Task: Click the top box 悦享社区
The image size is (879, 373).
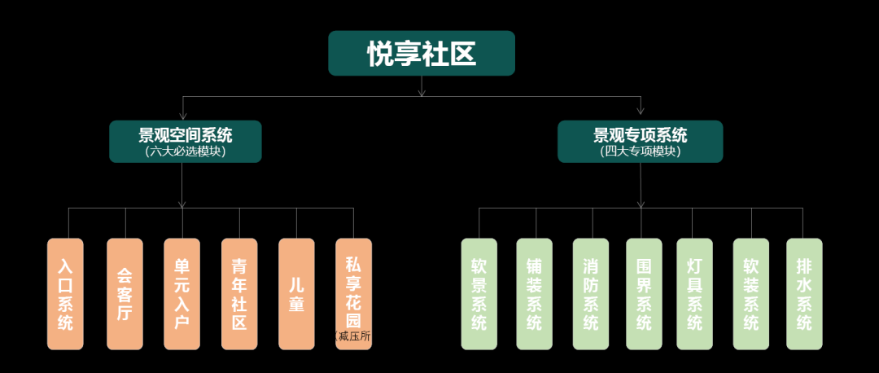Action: click(421, 54)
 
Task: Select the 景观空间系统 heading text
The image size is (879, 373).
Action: click(185, 135)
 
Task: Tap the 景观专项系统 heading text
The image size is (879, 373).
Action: click(640, 135)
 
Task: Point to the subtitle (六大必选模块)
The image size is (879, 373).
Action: click(185, 151)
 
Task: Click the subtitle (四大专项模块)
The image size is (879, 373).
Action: click(640, 151)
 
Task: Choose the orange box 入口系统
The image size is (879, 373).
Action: click(65, 294)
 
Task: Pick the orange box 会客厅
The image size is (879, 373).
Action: click(125, 294)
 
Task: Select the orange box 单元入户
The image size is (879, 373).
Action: click(181, 294)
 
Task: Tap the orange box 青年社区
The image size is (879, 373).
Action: click(239, 294)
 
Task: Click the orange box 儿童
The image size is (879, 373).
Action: click(296, 294)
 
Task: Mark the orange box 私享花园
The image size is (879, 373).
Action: click(353, 289)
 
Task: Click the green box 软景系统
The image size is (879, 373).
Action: click(479, 294)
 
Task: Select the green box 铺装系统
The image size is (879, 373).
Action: click(535, 294)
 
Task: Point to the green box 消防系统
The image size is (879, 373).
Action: click(591, 294)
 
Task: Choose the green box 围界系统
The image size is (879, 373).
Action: click(644, 294)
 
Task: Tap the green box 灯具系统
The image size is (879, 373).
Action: click(694, 294)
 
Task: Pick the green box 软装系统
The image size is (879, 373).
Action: click(750, 294)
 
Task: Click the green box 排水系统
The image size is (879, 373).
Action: click(804, 294)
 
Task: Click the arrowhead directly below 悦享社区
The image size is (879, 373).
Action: click(422, 92)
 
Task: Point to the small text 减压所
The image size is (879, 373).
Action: click(356, 336)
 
